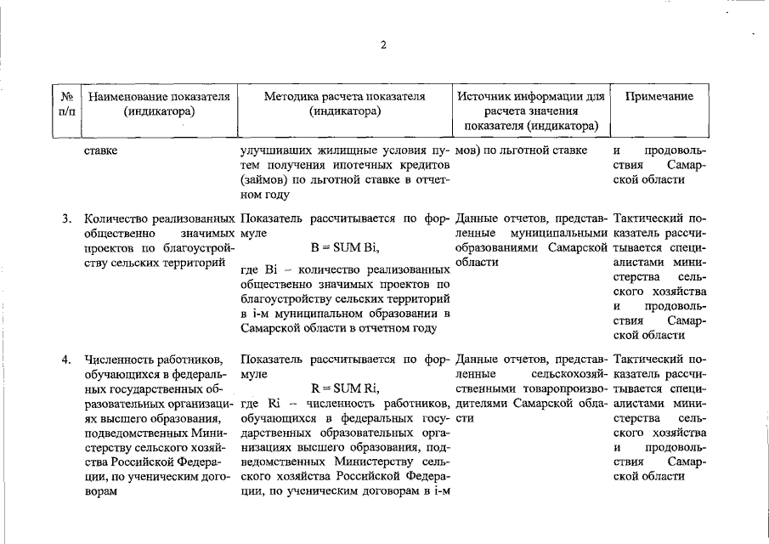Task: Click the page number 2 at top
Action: pos(383,45)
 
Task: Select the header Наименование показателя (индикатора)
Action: pos(159,104)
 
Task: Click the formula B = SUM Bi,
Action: pos(345,248)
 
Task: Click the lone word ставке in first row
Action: pos(101,151)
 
